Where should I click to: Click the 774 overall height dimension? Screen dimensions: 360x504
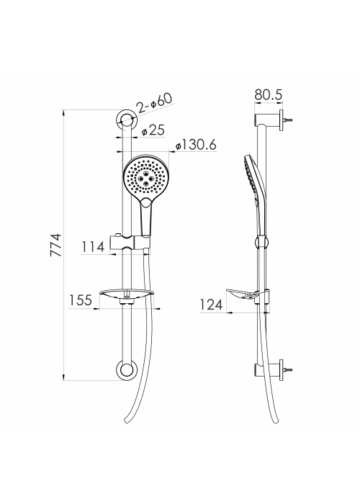[55, 245]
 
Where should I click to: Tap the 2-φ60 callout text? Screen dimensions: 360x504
[154, 103]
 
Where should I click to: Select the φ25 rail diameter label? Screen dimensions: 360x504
[153, 130]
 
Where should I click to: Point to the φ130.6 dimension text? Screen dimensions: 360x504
[196, 145]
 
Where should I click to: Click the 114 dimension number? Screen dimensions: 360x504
[93, 247]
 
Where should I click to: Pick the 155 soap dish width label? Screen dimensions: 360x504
[81, 300]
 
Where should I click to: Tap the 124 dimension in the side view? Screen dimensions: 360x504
[211, 305]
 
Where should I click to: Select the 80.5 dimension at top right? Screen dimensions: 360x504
[269, 95]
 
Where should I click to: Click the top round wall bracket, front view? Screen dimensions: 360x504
[127, 121]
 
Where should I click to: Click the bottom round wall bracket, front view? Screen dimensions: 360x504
[127, 370]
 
